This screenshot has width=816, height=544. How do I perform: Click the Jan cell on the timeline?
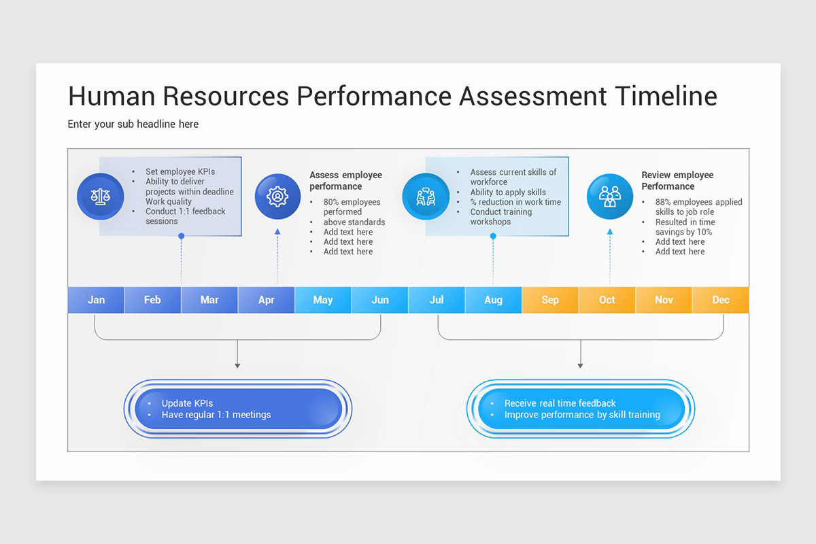click(x=96, y=300)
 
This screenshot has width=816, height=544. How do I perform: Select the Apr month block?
click(x=267, y=300)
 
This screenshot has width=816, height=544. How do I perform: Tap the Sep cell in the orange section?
click(x=550, y=300)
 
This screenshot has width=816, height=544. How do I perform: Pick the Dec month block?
click(x=721, y=300)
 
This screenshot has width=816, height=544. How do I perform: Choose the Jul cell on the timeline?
click(x=437, y=300)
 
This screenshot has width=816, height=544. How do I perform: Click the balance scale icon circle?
click(x=100, y=197)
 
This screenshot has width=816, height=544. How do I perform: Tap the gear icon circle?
click(x=277, y=197)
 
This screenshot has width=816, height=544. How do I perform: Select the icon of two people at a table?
click(x=426, y=197)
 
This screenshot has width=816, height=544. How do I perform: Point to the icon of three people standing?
click(x=610, y=197)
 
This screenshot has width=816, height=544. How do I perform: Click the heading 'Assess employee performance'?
click(x=345, y=181)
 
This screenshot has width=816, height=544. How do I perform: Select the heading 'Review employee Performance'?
click(x=677, y=181)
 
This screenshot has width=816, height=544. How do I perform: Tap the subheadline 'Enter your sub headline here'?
click(x=133, y=124)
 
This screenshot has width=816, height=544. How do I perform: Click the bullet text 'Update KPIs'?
click(x=187, y=403)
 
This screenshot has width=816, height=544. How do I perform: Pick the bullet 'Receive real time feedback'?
click(x=560, y=403)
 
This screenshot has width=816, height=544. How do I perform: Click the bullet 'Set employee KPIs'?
click(x=180, y=172)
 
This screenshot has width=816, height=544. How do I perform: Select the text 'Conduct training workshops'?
click(x=500, y=217)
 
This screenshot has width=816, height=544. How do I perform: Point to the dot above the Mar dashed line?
click(x=181, y=236)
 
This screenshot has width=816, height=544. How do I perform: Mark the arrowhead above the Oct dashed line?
click(x=610, y=232)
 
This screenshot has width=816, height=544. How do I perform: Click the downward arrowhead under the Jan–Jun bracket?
click(x=237, y=365)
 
